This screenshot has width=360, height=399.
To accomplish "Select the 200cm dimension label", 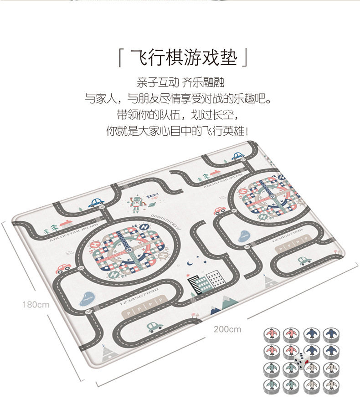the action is (227, 329).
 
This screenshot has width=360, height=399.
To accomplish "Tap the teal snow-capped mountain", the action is (230, 302).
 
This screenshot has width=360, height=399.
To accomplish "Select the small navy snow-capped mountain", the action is (214, 309).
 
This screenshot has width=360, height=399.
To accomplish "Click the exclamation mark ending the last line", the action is (247, 131).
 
